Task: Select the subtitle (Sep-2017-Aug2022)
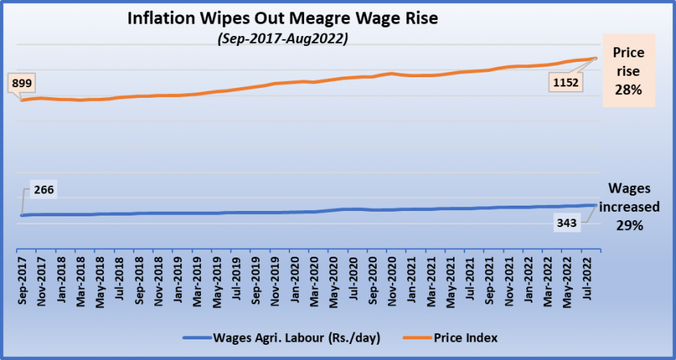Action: [x=283, y=39]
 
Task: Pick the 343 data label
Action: [x=566, y=225]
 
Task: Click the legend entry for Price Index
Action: [x=466, y=337]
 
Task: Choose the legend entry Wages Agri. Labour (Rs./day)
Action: [x=286, y=337]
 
